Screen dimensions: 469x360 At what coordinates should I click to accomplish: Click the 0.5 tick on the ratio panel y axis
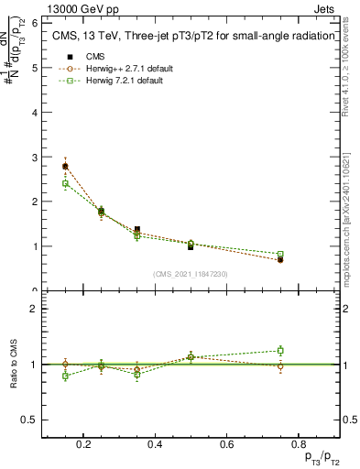pyautogui.click(x=31, y=420)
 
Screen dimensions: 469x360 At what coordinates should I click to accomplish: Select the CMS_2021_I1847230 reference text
pyautogui.click(x=191, y=274)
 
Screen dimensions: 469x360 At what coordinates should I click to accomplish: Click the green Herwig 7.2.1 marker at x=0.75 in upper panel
pyautogui.click(x=280, y=254)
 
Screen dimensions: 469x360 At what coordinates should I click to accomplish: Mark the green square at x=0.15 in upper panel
pyautogui.click(x=65, y=184)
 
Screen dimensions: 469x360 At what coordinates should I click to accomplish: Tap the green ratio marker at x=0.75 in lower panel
pyautogui.click(x=280, y=350)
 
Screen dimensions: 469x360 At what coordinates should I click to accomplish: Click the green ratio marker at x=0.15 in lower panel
pyautogui.click(x=65, y=376)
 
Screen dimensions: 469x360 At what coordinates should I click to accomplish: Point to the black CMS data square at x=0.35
pyautogui.click(x=137, y=230)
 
